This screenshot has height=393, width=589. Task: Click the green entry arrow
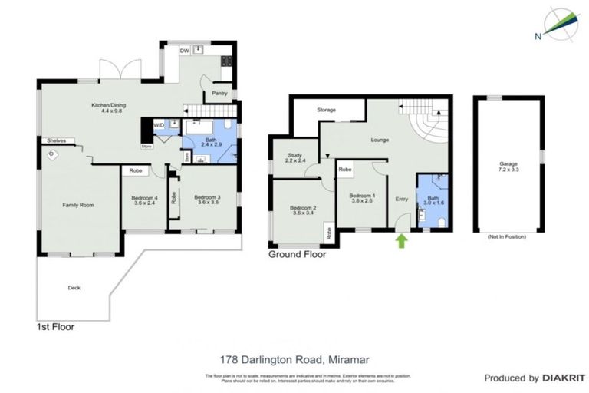click(x=400, y=243)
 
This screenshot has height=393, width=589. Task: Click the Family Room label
click(x=77, y=205)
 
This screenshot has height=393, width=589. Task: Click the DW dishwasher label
click(x=184, y=51)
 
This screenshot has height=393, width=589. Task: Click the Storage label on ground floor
click(x=327, y=111)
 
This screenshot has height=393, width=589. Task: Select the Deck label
click(x=74, y=288)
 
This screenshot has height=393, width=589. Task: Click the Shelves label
click(x=55, y=140)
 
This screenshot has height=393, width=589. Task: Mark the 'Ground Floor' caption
click(x=297, y=255)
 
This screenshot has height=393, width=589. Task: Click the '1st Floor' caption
click(x=55, y=326)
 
